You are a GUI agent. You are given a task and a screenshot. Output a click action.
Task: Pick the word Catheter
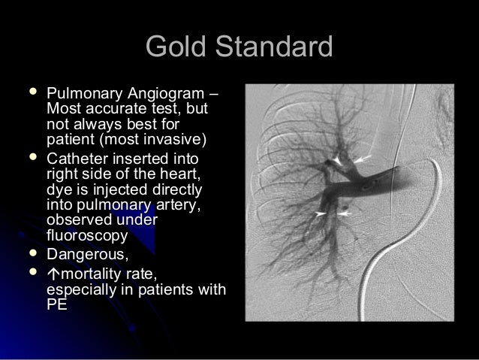(75, 160)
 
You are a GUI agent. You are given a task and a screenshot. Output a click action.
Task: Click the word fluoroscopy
(84, 233)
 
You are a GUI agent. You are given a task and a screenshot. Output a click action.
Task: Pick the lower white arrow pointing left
(344, 214)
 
